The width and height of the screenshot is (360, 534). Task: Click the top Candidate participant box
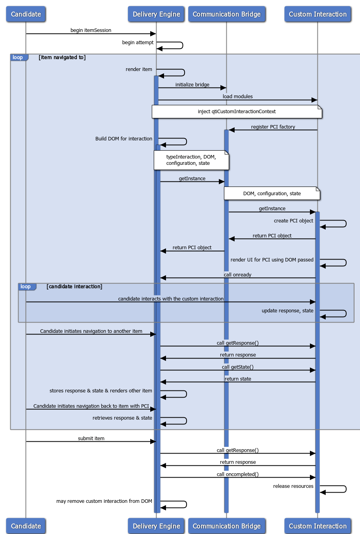[26, 14]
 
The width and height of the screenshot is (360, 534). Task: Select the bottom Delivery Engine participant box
[156, 526]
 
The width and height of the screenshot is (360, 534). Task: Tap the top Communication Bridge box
[226, 14]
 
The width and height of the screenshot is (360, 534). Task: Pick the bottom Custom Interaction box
[317, 526]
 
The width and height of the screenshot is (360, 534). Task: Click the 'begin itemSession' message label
[91, 30]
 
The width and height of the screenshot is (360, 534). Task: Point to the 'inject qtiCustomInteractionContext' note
[237, 112]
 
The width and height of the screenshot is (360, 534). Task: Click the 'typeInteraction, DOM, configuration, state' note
[191, 160]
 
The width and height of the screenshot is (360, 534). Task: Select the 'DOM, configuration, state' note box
[272, 194]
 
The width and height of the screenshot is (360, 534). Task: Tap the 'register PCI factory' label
[273, 127]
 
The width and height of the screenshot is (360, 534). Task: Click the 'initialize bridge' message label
[192, 85]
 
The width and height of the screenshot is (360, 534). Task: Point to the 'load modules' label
[237, 97]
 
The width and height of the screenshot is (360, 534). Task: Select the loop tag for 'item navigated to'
[18, 58]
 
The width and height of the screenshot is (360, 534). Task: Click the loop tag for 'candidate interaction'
[26, 287]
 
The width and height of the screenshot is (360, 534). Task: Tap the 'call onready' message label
[237, 275]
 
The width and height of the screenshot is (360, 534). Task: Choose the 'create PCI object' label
[293, 221]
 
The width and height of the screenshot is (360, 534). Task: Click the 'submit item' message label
[91, 439]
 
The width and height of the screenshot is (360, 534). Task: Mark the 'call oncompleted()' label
[237, 474]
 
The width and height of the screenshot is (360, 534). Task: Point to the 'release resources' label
[293, 486]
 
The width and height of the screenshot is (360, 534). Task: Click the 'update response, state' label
[287, 311]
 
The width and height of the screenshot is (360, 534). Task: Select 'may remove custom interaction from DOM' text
[104, 501]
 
